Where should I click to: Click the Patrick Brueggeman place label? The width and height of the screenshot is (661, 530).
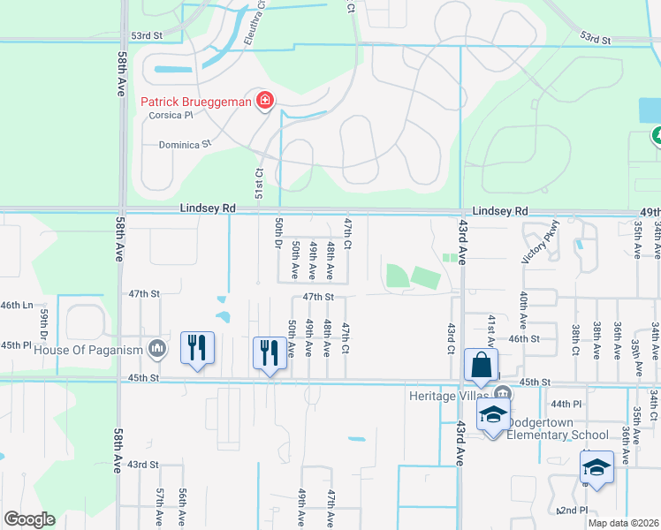[x=195, y=102]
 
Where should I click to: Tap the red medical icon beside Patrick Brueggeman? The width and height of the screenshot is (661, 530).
[x=263, y=102]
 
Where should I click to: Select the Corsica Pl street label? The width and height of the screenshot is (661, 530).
[x=163, y=116]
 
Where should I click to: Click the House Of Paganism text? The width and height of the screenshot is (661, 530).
[x=88, y=349]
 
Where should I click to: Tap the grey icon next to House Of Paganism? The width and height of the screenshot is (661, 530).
[x=157, y=349]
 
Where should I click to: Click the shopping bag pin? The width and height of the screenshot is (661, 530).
[x=481, y=365]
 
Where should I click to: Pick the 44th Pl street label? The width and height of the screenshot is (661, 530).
[x=563, y=403]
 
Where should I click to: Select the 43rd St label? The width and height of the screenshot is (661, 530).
[x=142, y=464]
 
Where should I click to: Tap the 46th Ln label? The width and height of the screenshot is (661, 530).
[x=16, y=305]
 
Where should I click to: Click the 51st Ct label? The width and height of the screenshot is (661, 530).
[x=260, y=185]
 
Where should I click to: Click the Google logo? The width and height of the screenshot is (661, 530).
[x=29, y=519]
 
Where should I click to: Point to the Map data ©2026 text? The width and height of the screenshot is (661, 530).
[x=622, y=523]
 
